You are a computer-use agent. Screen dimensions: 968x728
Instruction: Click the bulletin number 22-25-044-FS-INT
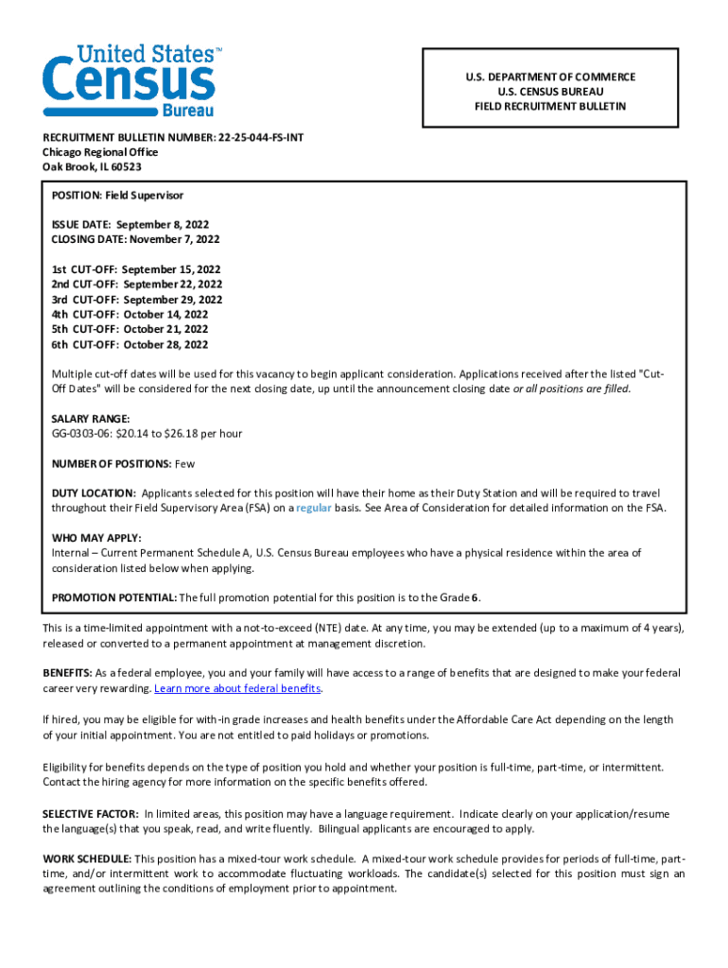pos(260,137)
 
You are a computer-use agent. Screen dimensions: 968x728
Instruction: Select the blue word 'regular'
pos(315,509)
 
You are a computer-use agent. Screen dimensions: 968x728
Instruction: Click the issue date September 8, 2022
pos(163,225)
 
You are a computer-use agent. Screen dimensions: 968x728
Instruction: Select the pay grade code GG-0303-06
pos(82,434)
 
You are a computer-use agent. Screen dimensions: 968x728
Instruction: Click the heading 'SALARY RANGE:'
pos(91,419)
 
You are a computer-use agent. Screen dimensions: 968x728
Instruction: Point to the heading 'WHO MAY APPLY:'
pos(96,538)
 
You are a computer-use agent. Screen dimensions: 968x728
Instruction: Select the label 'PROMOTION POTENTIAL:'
pos(113,597)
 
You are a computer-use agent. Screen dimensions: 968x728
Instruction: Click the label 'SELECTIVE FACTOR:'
pos(91,814)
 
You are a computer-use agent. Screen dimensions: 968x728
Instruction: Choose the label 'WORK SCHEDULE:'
pos(87,858)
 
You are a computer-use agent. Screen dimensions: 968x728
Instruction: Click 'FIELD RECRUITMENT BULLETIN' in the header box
pos(550,107)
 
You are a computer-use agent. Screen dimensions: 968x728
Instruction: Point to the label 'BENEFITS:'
pos(66,673)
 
